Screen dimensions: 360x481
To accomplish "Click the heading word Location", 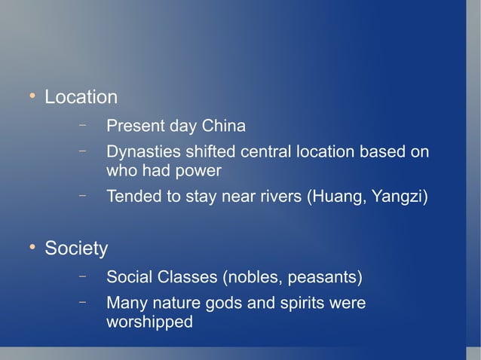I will click(x=81, y=97).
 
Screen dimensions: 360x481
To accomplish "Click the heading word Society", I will click(x=76, y=248).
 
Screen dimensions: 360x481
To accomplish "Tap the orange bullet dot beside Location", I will click(x=32, y=96).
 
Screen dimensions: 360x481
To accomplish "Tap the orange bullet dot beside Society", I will click(x=32, y=247).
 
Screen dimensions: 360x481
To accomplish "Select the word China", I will click(x=222, y=125).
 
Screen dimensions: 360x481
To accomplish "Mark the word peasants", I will click(x=323, y=278).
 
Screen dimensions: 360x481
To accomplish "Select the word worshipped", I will click(x=149, y=322).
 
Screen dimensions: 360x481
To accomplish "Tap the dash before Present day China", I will click(x=82, y=124).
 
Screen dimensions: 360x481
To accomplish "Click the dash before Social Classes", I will click(x=82, y=276).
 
